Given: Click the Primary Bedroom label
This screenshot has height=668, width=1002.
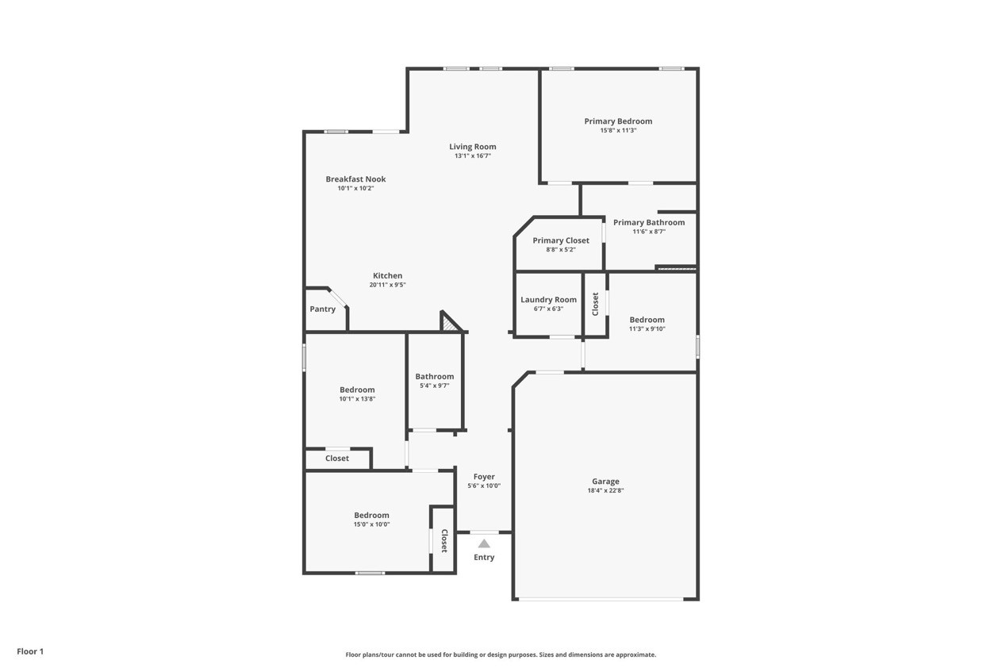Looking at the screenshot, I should click(618, 121).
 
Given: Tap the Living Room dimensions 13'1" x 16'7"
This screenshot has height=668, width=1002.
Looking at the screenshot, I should click(473, 156).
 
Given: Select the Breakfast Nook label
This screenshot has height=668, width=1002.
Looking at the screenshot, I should click(355, 179).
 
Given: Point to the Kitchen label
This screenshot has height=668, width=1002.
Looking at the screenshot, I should click(388, 275).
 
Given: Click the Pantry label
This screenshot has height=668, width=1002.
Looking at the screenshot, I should click(323, 309).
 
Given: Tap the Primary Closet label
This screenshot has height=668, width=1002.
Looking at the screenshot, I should click(561, 240).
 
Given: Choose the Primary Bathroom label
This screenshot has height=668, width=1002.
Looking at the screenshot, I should click(649, 222).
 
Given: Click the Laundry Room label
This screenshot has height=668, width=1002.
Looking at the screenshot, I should click(549, 300).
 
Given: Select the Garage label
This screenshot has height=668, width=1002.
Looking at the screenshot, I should click(605, 482).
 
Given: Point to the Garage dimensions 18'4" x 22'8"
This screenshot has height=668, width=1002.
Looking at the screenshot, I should click(605, 491).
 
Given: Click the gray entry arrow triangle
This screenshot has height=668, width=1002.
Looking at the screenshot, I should click(484, 543).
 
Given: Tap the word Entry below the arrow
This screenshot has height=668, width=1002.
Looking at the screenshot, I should click(484, 558).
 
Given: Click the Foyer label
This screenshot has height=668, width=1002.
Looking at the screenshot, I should click(484, 477).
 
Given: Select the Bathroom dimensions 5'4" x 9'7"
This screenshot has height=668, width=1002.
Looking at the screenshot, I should click(435, 386).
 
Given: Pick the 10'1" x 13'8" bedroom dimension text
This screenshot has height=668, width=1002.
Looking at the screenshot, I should click(357, 399).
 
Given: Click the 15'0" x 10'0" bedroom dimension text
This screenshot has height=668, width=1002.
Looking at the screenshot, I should click(371, 524).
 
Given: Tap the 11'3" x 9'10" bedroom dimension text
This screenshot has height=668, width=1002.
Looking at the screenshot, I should click(647, 329).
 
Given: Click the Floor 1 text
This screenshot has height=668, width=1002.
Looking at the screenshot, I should click(30, 651).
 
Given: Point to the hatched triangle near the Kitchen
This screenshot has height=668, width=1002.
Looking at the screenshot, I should click(451, 323).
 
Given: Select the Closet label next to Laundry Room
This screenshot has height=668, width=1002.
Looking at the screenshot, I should click(596, 304).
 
